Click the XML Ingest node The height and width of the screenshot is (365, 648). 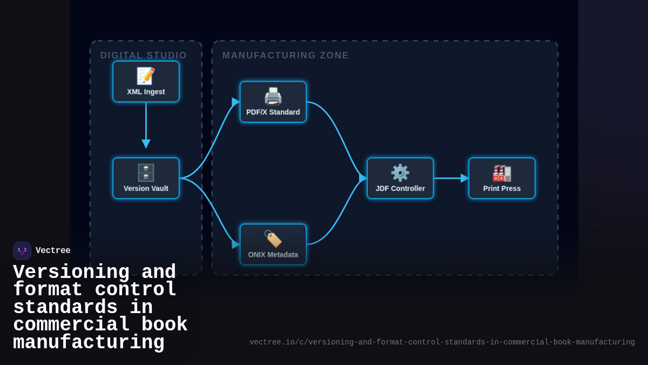point(146,82)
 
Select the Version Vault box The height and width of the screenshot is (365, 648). point(146,178)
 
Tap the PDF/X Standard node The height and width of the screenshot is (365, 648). point(273,102)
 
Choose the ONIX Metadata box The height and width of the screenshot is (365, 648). point(273,244)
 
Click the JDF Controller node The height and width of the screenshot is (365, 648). point(400,178)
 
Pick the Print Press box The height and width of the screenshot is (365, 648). point(502,178)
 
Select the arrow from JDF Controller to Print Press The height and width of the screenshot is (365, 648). point(451,178)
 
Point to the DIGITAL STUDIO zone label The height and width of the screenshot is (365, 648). point(144,55)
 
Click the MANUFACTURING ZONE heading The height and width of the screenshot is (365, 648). point(286,55)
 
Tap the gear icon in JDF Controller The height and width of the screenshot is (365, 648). point(400,172)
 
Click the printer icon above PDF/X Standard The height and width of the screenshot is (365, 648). point(273,96)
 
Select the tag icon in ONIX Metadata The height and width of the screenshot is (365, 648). point(273,238)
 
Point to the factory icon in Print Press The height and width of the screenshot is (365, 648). point(502,173)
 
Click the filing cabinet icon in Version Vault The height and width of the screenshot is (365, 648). point(146,172)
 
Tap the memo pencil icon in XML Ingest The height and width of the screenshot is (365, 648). point(146,76)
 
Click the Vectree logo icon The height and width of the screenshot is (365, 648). point(22,251)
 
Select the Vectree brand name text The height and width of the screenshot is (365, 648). point(53,251)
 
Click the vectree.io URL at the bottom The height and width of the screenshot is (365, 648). point(442,342)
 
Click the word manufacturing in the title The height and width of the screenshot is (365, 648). point(89,343)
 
